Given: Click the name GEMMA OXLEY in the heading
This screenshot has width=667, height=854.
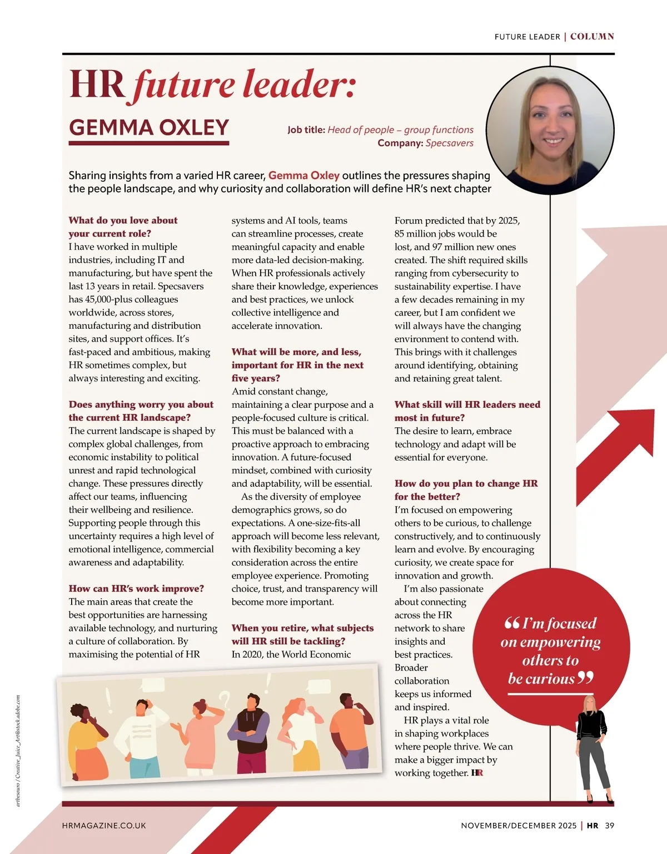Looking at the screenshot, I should tap(149, 127).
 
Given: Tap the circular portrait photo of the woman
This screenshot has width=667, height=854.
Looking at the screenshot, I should tap(550, 131).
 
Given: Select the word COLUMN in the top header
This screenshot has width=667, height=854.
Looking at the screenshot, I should tap(592, 37).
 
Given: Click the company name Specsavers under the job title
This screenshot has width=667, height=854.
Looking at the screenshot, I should tap(449, 143).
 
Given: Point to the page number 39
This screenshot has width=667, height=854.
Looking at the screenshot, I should tap(610, 826).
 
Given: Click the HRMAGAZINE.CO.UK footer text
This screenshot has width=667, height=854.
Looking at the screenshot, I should tap(104, 826).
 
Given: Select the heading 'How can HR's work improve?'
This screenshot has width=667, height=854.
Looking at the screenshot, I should tap(136, 589).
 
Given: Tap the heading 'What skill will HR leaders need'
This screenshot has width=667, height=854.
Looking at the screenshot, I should tap(467, 404).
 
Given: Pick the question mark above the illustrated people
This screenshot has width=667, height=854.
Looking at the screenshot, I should tap(224, 698).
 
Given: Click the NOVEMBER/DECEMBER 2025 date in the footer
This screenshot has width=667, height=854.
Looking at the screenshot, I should tap(519, 826).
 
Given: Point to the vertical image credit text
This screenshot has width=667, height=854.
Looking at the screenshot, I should tap(18, 751).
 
